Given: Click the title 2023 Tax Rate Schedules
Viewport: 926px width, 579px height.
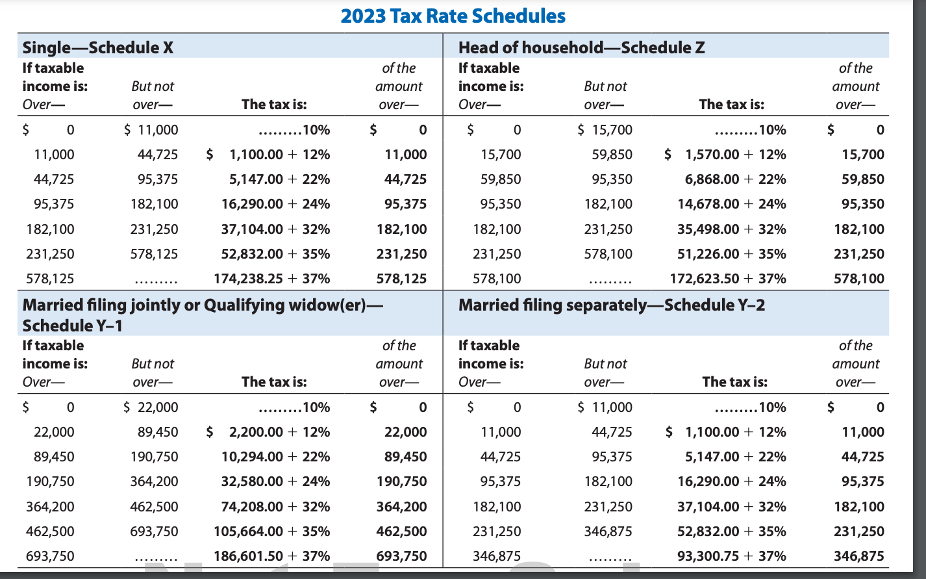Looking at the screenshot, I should coord(453,16).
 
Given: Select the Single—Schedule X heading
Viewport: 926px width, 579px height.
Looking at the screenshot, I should coord(97,47).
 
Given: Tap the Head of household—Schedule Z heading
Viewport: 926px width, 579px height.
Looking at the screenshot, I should coord(581,47).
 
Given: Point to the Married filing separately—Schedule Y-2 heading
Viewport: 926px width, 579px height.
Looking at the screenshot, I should coord(611,305).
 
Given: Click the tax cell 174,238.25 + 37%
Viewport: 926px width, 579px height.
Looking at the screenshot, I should coord(271,279).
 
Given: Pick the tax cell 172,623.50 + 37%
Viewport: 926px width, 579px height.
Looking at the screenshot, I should coord(727,279).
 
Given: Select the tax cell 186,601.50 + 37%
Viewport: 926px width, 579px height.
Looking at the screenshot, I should coord(271,556).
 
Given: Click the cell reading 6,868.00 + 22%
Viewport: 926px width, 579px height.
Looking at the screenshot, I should coord(735,179).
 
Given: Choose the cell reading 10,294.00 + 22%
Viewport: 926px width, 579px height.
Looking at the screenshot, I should coord(275,457).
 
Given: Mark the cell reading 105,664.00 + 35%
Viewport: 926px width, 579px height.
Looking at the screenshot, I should coord(271,532).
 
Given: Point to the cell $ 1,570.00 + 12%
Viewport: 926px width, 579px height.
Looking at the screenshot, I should coord(725,155).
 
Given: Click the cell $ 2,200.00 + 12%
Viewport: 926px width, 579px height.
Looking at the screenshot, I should coord(268,432).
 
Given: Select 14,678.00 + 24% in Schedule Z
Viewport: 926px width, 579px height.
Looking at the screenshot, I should coord(731,204).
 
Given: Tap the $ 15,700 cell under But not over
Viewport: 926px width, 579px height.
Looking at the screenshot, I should coord(605,130).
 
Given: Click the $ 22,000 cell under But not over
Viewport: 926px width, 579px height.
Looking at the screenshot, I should coord(151,407).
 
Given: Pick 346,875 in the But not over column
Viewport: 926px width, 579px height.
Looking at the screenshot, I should coord(608,532).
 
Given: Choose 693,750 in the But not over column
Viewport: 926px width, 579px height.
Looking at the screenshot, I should coord(154,532).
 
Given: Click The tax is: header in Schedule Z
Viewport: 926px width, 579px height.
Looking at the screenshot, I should coord(731,104).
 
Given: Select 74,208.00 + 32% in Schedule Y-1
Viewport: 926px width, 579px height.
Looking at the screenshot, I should coord(275,507).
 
